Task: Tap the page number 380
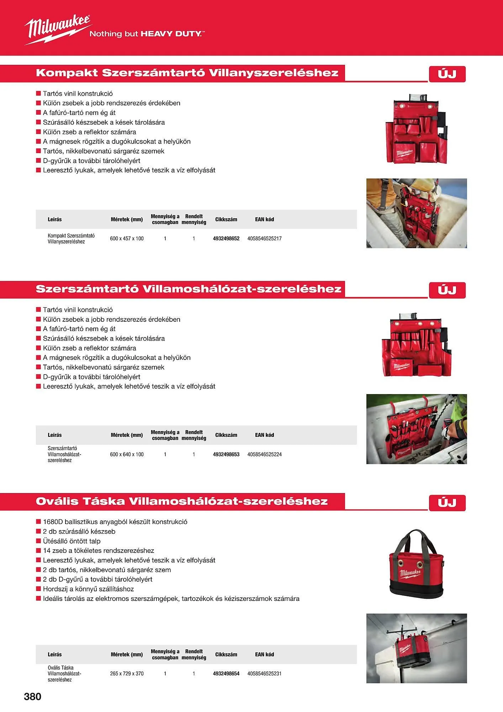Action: coord(32,697)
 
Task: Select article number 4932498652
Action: coord(226,239)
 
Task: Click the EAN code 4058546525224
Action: coord(264,455)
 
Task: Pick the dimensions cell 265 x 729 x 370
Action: coord(127,674)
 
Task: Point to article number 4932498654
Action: coord(226,674)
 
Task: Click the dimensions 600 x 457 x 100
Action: coord(127,239)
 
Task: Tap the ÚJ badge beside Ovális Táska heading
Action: coord(447,503)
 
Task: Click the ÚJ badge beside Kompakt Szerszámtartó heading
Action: coord(447,74)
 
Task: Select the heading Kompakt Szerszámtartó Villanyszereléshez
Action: coord(187,73)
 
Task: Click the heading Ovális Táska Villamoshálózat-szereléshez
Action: coord(181,501)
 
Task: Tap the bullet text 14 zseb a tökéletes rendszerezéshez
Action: coord(99,551)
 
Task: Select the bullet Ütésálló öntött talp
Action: coord(72,541)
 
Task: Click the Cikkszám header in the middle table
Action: coord(226,435)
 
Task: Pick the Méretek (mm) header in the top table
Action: coord(127,219)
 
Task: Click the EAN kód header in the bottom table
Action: coord(264,654)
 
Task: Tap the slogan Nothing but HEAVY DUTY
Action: coord(147,34)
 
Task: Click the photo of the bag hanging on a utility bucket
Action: coord(417,648)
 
